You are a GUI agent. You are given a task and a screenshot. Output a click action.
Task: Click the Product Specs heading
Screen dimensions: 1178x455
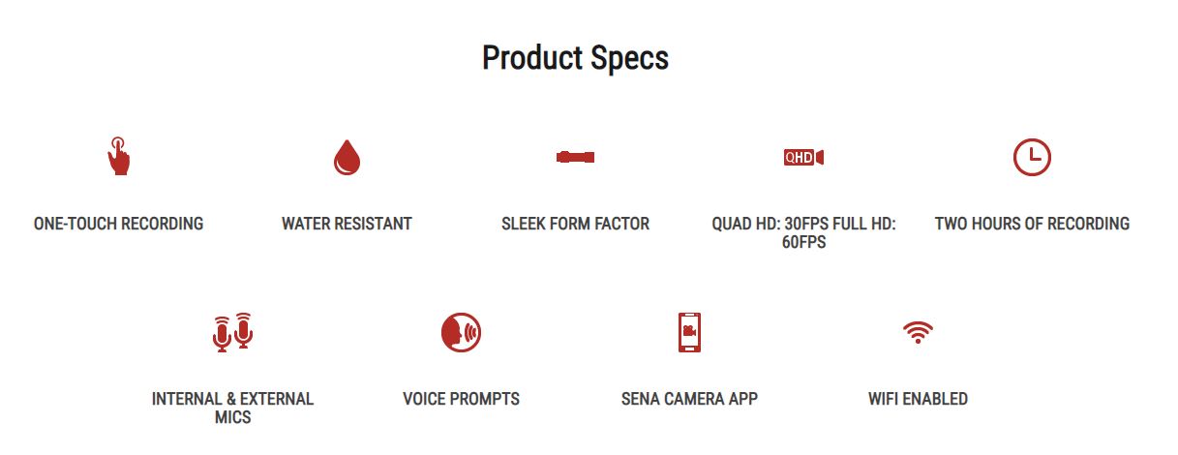(x=575, y=58)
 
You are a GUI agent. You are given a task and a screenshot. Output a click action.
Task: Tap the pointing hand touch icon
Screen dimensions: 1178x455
(x=119, y=156)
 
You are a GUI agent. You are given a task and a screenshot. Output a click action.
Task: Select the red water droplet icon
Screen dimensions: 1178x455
(x=347, y=157)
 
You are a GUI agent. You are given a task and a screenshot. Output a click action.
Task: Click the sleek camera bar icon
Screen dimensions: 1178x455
(x=575, y=157)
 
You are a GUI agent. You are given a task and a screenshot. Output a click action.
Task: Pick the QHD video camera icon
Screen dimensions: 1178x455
(x=803, y=157)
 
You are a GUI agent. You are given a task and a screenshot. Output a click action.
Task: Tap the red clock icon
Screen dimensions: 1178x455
(x=1032, y=157)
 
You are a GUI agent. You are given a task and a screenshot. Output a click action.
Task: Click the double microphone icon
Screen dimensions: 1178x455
(x=232, y=332)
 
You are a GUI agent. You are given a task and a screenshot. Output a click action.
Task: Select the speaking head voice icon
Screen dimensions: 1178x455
(x=461, y=332)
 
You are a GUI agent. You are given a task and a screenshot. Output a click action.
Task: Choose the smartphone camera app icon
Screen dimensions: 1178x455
(x=689, y=332)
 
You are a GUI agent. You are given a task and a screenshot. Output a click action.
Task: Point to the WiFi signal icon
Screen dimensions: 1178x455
(x=918, y=332)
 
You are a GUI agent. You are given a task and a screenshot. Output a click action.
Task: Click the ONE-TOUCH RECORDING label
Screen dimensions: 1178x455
(x=118, y=224)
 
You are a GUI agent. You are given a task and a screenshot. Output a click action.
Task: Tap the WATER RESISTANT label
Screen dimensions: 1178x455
(x=347, y=224)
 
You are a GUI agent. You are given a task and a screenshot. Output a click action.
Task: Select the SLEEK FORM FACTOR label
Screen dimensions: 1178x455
(x=575, y=224)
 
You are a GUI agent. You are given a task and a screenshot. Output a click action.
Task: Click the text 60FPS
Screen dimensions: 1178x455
(x=803, y=242)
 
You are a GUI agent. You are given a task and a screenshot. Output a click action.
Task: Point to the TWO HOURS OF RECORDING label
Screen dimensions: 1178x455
(x=1032, y=224)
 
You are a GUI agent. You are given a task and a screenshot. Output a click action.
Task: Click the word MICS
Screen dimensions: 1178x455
(x=232, y=417)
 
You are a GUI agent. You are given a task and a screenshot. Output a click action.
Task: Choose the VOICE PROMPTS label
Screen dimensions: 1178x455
(x=461, y=399)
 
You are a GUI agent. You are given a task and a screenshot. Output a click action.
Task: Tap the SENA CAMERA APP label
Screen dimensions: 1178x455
(x=689, y=399)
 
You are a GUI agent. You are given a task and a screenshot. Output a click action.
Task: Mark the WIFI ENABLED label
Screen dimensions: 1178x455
(x=918, y=399)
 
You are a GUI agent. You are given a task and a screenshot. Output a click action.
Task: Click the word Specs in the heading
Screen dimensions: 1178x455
(x=629, y=59)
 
